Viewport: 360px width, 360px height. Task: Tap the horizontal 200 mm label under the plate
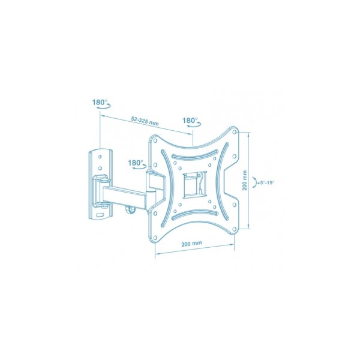(192, 243)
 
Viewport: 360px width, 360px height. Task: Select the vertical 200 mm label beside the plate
(244, 180)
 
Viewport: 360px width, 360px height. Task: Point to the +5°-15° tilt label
(266, 183)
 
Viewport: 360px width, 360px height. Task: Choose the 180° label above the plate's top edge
(190, 120)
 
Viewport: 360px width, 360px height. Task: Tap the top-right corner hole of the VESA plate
(234, 132)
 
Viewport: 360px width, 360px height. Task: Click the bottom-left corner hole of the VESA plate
(155, 237)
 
